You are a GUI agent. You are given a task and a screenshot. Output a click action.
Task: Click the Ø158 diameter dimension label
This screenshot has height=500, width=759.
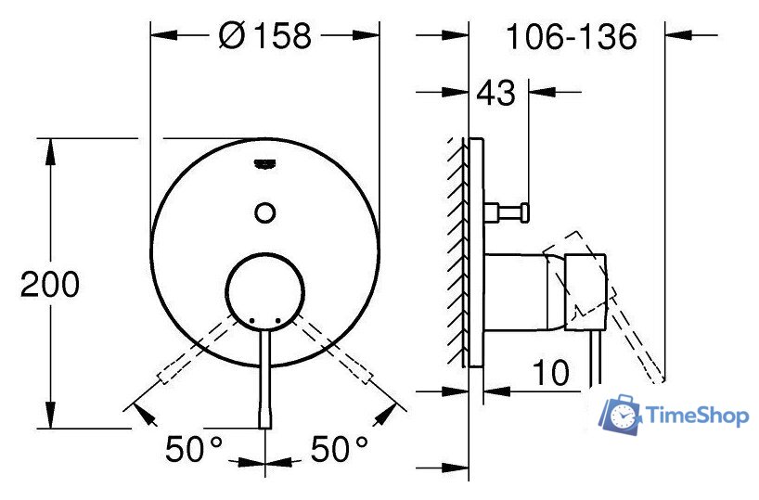point(264,36)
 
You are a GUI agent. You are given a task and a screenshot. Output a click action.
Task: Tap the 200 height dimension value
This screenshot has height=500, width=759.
point(50,284)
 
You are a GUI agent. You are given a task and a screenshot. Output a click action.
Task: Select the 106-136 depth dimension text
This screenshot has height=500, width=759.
point(572,36)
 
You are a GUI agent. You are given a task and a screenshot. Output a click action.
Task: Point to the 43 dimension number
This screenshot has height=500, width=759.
point(496,93)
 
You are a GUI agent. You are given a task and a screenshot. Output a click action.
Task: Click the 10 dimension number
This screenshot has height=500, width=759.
point(550,372)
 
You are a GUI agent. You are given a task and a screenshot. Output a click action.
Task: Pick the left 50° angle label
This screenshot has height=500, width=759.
point(194,449)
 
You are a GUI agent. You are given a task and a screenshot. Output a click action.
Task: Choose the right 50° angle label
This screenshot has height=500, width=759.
point(339,449)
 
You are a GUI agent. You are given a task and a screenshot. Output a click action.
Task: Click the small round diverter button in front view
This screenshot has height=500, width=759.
point(264,212)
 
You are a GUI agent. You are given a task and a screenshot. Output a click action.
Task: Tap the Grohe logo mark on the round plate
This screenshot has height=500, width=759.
point(264,164)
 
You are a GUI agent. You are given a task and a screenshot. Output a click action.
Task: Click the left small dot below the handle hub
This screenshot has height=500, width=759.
point(251,320)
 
